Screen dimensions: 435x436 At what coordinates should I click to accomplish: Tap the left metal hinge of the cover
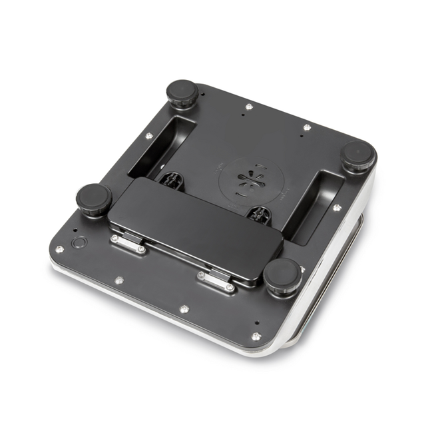[x=128, y=244]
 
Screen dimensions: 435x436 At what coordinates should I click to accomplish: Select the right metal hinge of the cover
[x=216, y=281]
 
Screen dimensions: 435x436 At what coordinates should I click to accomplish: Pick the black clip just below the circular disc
[x=260, y=214]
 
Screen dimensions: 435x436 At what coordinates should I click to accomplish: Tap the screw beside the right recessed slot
[x=337, y=208]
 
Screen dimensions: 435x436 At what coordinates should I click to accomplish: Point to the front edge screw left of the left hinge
[x=118, y=280]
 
